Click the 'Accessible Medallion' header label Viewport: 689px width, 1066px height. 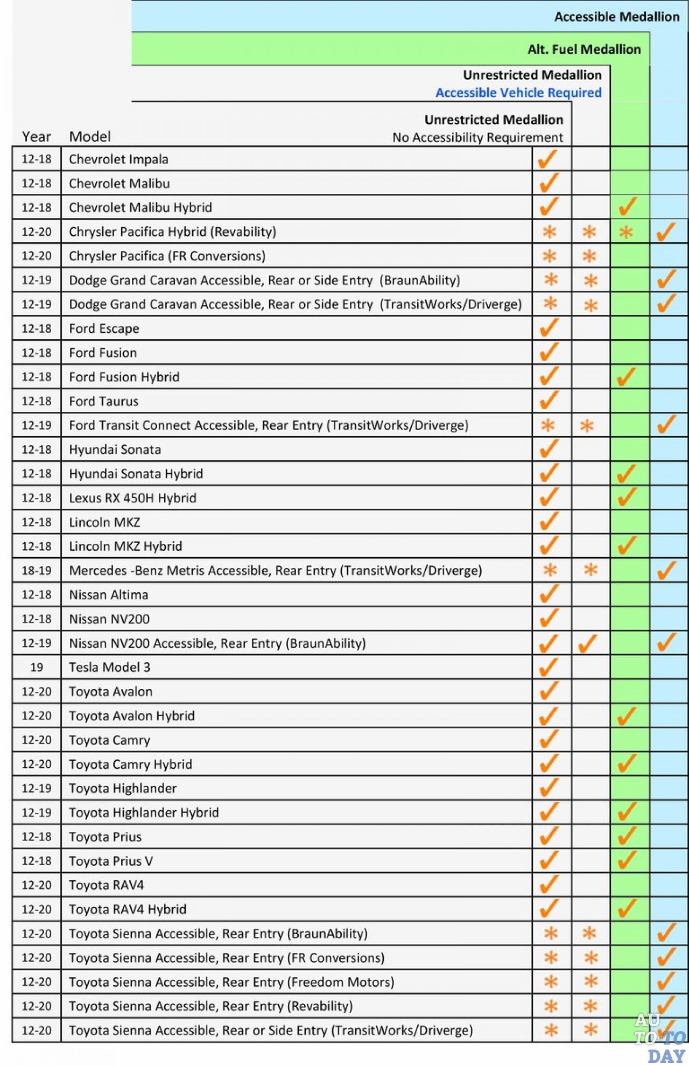click(x=617, y=17)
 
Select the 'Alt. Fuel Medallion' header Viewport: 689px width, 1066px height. click(x=584, y=50)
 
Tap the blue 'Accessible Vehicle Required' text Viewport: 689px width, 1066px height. click(x=518, y=93)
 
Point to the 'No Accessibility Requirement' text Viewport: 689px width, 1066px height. click(x=477, y=137)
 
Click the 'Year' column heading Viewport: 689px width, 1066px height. click(x=37, y=137)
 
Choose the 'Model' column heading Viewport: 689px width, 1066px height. click(x=90, y=137)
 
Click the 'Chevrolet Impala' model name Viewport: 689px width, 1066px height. click(x=118, y=159)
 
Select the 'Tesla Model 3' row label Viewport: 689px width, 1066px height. click(x=109, y=668)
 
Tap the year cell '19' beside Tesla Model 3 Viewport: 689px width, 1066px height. click(x=37, y=668)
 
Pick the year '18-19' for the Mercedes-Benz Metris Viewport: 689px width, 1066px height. click(x=37, y=571)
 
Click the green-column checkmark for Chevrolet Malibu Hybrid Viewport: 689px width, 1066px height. click(x=628, y=207)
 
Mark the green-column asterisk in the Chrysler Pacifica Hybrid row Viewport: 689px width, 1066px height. click(x=626, y=233)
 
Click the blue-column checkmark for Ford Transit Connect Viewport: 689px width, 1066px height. click(x=666, y=424)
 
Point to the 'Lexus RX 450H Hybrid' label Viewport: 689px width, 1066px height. click(x=132, y=498)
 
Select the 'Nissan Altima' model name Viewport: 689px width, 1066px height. click(x=108, y=595)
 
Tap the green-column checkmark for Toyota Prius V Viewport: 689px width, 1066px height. click(x=628, y=860)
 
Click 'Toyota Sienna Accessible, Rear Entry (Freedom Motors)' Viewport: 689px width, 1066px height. click(x=231, y=982)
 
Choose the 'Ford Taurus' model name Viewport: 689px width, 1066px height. click(x=103, y=401)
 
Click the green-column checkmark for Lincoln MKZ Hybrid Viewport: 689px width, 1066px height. click(x=628, y=545)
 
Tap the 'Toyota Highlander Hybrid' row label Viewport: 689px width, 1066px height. click(x=144, y=812)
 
